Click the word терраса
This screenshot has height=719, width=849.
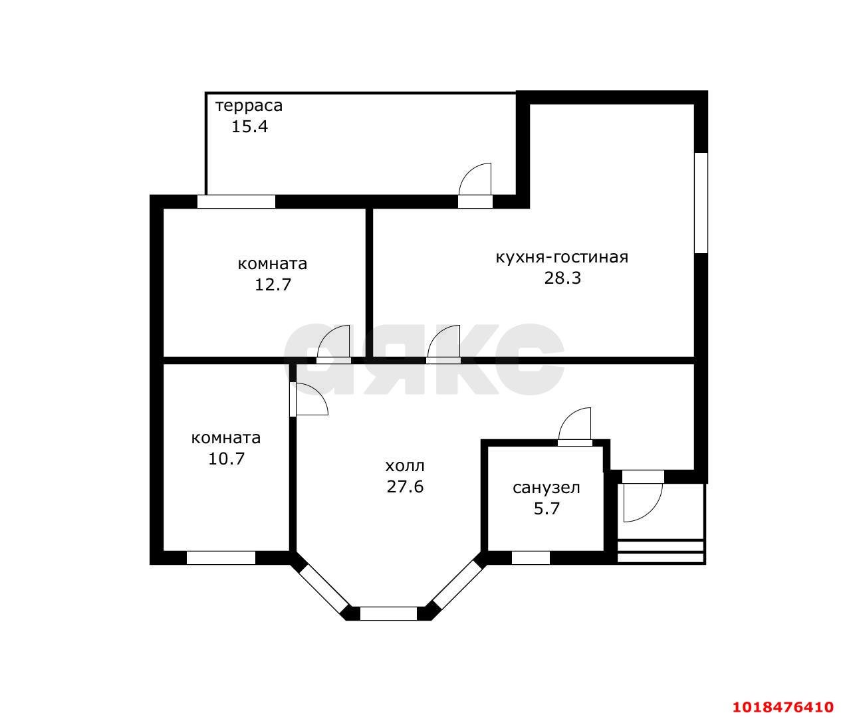[249, 106]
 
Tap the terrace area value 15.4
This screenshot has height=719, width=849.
[250, 126]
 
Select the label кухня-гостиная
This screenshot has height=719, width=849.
[562, 257]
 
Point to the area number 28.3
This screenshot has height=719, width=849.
[562, 278]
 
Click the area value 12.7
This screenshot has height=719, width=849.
[273, 284]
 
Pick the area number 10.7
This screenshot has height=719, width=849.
[227, 459]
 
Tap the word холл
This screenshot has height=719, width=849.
[405, 466]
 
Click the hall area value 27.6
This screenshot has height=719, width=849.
[405, 487]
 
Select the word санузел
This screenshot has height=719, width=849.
[546, 488]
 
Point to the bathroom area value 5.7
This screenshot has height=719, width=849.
[546, 509]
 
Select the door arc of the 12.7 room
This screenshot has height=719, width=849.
[326, 335]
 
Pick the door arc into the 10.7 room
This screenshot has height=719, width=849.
[318, 391]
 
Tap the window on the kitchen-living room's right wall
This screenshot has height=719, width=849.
[701, 203]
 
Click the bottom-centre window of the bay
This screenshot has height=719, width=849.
[388, 613]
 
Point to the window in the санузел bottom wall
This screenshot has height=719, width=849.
[531, 558]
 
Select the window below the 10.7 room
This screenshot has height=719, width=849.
[221, 558]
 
